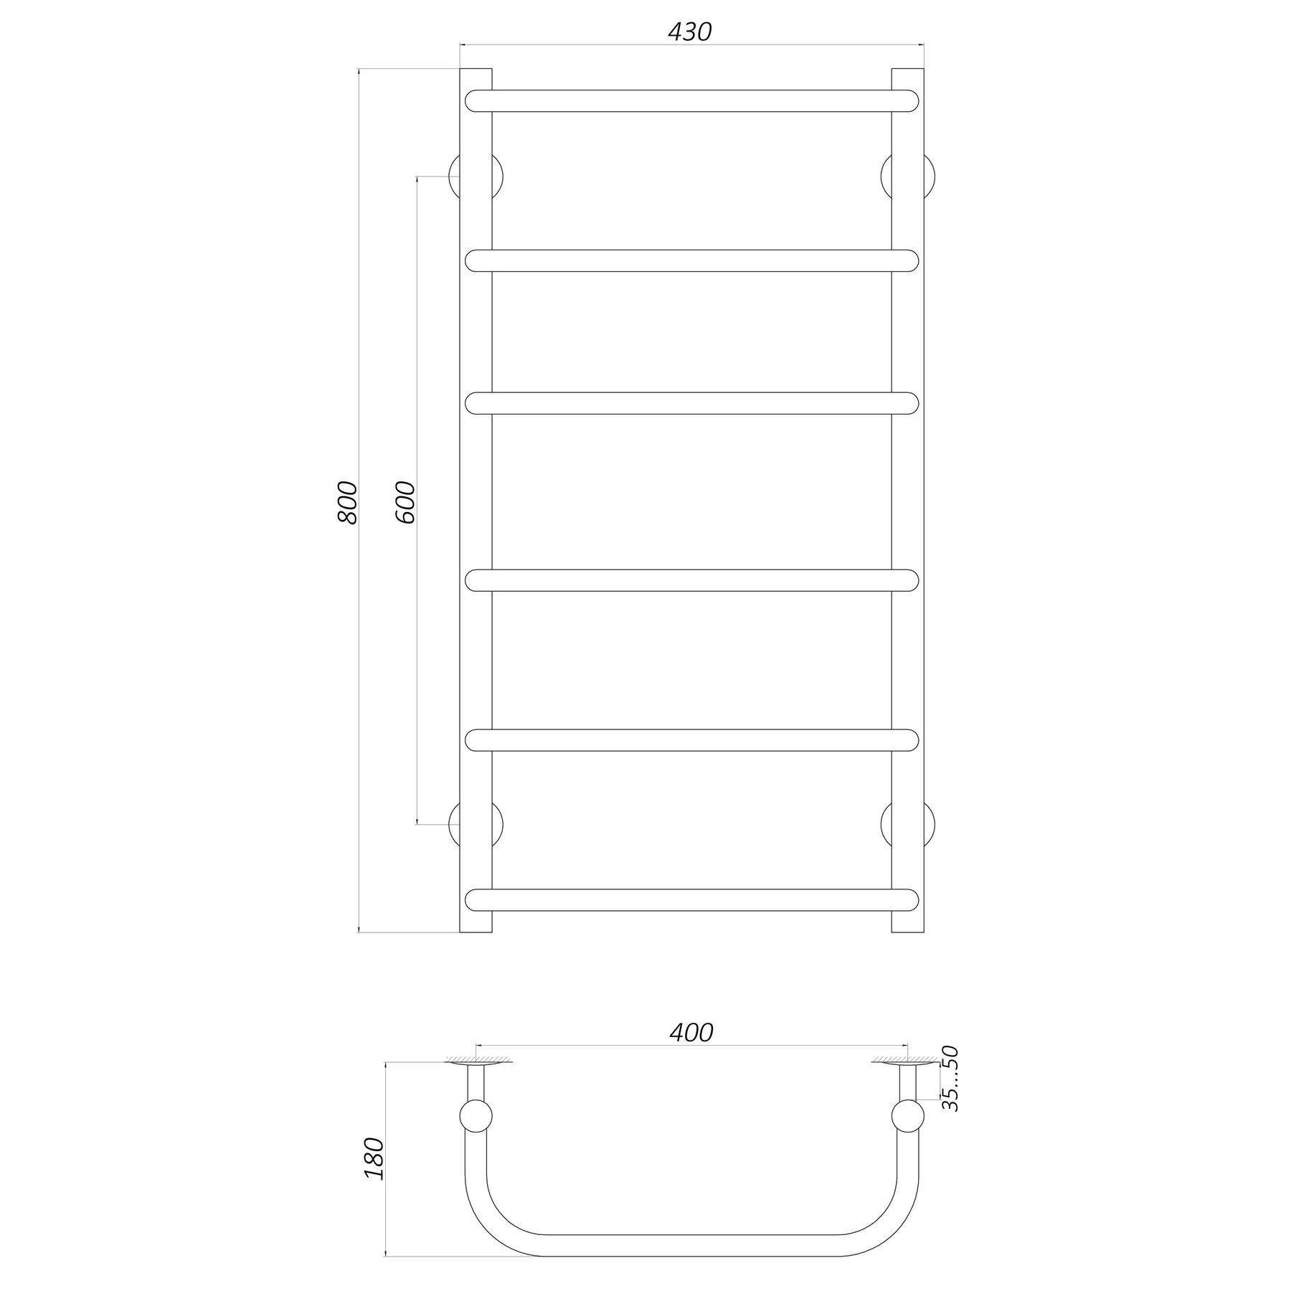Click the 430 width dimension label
pos(690,32)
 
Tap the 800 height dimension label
pos(347,501)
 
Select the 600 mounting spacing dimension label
pos(405,501)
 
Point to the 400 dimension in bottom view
pos(691,1033)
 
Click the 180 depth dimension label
pos(374,1158)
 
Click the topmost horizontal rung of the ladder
pos(691,100)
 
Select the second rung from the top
pos(691,260)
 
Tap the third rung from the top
pos(691,403)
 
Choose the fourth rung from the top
pos(691,580)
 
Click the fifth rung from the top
pos(691,739)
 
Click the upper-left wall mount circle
pos(476,176)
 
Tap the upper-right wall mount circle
pos(907,176)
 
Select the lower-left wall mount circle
pos(476,823)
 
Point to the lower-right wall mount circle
pos(907,823)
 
